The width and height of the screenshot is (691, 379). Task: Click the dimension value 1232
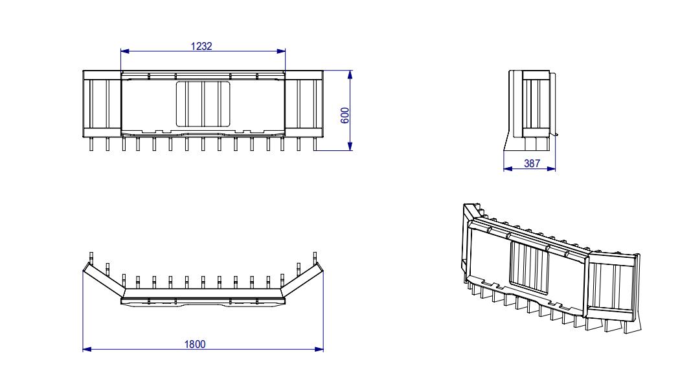[201, 46]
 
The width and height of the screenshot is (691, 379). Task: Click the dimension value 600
[346, 115]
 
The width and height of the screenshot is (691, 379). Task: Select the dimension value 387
[532, 163]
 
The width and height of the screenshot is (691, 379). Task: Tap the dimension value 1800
[195, 344]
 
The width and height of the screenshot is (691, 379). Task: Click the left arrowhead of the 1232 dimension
[125, 51]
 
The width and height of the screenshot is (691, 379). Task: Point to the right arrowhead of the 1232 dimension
[281, 51]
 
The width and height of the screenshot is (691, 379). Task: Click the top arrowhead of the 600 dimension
[350, 75]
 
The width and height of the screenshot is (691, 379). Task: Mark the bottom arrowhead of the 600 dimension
[350, 146]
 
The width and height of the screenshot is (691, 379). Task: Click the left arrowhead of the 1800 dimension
[87, 349]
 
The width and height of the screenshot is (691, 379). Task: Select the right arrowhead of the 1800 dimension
[319, 349]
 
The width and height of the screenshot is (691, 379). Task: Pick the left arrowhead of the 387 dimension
[508, 168]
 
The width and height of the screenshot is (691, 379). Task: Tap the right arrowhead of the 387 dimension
[551, 168]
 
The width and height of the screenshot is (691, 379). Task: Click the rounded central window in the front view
[203, 104]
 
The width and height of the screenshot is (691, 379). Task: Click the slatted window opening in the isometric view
[529, 268]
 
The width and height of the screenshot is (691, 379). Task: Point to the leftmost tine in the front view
[92, 144]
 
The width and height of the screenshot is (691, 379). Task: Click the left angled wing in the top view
[104, 279]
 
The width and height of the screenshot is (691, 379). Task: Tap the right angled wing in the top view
[302, 279]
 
